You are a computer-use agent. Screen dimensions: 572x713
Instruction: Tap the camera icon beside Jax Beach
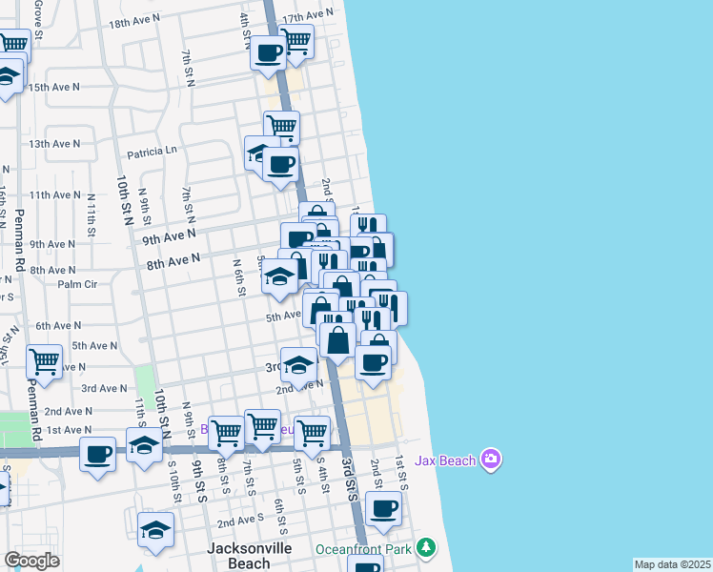coord(491,460)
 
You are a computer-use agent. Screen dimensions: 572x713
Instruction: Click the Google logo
coord(31,561)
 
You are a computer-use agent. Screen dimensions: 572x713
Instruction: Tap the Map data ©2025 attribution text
coord(673,564)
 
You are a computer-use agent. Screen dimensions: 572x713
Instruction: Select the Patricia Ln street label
coord(153,151)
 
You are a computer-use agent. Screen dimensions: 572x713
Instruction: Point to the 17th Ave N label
coord(308,16)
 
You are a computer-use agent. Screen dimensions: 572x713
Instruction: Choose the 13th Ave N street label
coord(55,144)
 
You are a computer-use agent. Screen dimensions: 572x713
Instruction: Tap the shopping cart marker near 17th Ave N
coord(296,41)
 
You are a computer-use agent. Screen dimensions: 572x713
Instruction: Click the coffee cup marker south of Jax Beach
coord(383,508)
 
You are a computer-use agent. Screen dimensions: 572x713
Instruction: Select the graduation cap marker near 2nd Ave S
coord(156,530)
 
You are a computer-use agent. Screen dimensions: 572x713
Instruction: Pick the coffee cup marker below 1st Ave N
coord(97,453)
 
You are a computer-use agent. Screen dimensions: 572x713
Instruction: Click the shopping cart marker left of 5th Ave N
coord(44,361)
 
